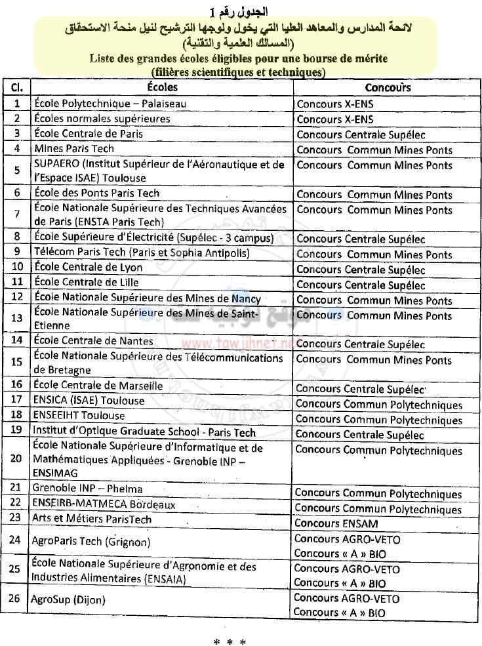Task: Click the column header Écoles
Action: click(161, 87)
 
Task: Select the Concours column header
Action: click(388, 87)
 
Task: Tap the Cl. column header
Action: click(17, 87)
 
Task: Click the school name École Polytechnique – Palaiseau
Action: click(110, 104)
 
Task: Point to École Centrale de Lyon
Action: click(88, 268)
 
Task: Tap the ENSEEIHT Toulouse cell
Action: click(78, 415)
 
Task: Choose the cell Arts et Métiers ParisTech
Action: click(92, 519)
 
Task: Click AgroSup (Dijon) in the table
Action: click(68, 599)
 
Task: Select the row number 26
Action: click(16, 599)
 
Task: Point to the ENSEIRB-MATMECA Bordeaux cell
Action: click(104, 504)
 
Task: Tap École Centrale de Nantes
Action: click(93, 340)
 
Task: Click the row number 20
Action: click(16, 458)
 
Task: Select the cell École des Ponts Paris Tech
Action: click(96, 193)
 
